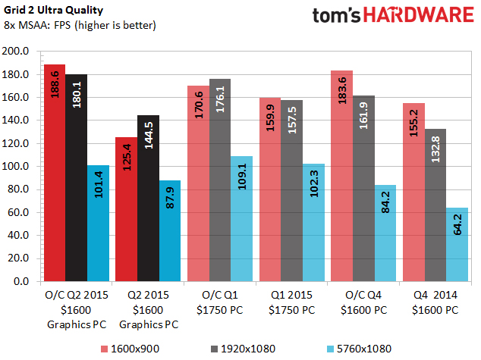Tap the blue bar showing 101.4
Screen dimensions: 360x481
[x=98, y=223]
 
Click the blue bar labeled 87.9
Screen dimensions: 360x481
[x=169, y=230]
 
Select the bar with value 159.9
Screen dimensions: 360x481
[x=269, y=189]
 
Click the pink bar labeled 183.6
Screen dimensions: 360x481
[x=341, y=175]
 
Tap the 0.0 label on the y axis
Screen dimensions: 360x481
[x=22, y=281]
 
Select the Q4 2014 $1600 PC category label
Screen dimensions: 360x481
[x=435, y=303]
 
